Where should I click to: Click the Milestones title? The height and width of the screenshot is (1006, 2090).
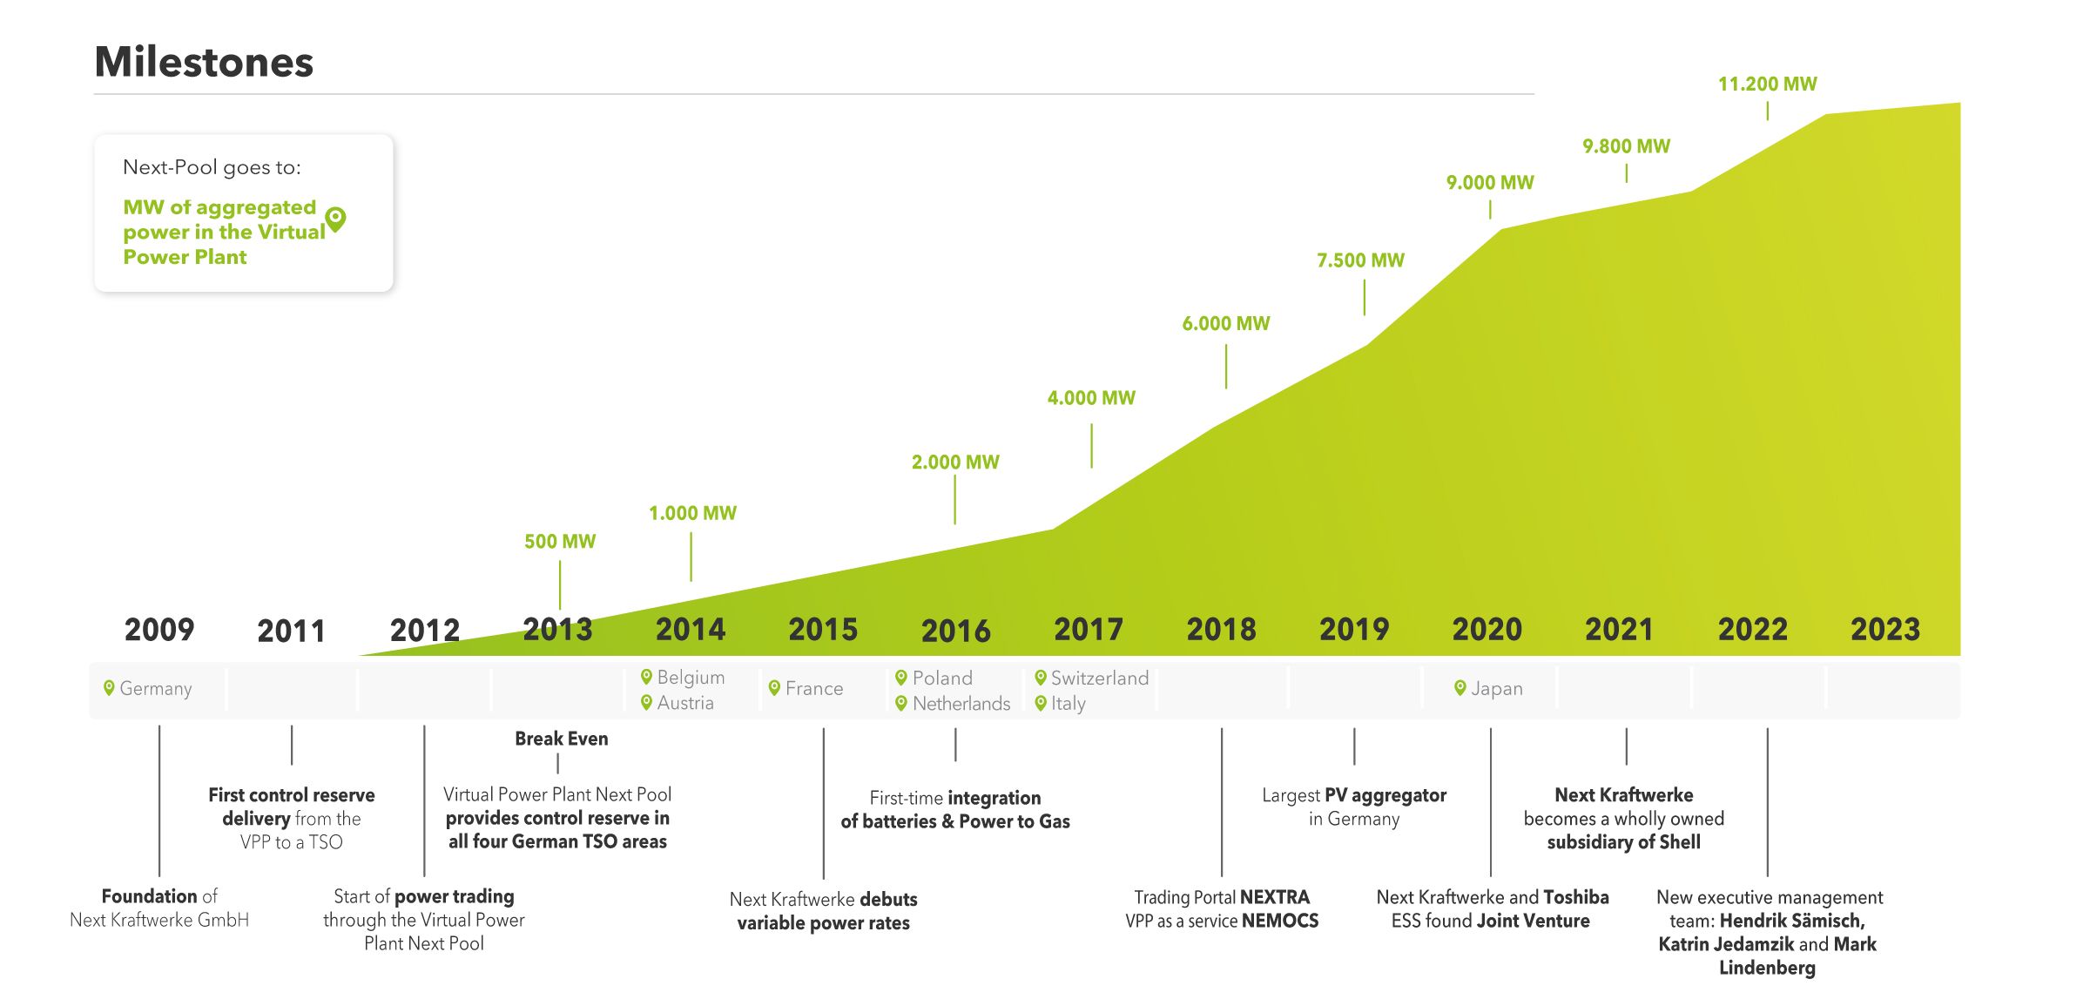(x=204, y=62)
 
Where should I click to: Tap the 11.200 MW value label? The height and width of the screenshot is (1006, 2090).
(x=1767, y=84)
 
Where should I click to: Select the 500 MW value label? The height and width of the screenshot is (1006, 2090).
(x=560, y=542)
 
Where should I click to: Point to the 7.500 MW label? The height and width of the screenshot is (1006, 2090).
(x=1360, y=260)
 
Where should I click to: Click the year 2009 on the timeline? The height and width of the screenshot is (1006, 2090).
(x=159, y=630)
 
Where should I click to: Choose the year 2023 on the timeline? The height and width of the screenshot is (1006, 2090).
(x=1884, y=630)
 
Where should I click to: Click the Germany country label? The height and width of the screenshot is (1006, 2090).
(x=155, y=689)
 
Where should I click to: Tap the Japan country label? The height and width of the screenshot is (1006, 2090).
(x=1496, y=689)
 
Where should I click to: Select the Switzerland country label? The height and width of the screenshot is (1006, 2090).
(x=1099, y=679)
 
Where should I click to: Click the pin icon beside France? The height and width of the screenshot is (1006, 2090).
(x=774, y=688)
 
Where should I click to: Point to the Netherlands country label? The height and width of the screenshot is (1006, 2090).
(x=961, y=704)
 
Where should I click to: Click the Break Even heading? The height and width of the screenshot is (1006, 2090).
(x=561, y=739)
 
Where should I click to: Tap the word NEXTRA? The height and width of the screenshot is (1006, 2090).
(x=1274, y=897)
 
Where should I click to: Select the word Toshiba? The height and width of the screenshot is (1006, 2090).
(x=1575, y=897)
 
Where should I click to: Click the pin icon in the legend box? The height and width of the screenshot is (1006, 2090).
(x=335, y=218)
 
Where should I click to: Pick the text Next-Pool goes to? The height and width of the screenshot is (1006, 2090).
(x=212, y=167)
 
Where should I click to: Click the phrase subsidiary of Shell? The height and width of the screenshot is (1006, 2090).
(x=1623, y=842)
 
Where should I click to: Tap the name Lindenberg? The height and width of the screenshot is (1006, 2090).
(x=1767, y=968)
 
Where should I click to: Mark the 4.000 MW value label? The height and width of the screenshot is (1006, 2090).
(x=1090, y=398)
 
